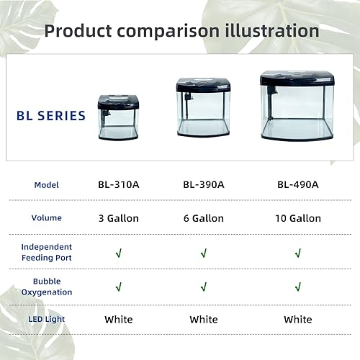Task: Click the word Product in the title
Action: (x=77, y=31)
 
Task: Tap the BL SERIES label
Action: (x=50, y=115)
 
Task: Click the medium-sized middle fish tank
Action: (x=204, y=107)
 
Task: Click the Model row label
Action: (x=46, y=185)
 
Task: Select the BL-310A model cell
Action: (x=119, y=184)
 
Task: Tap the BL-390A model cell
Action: (x=204, y=184)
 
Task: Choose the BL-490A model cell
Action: (x=297, y=184)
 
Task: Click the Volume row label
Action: (x=47, y=217)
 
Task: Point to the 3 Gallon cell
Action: (x=119, y=218)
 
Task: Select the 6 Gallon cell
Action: (x=204, y=218)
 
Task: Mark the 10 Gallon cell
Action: (x=298, y=218)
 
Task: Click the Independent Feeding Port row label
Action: (x=47, y=252)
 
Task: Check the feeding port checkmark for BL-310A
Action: (x=119, y=253)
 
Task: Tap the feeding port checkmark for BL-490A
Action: (x=298, y=253)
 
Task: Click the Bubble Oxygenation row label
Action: (x=47, y=287)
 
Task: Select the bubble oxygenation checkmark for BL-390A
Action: (x=204, y=287)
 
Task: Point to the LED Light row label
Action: (x=47, y=319)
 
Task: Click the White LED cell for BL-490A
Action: (x=298, y=319)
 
